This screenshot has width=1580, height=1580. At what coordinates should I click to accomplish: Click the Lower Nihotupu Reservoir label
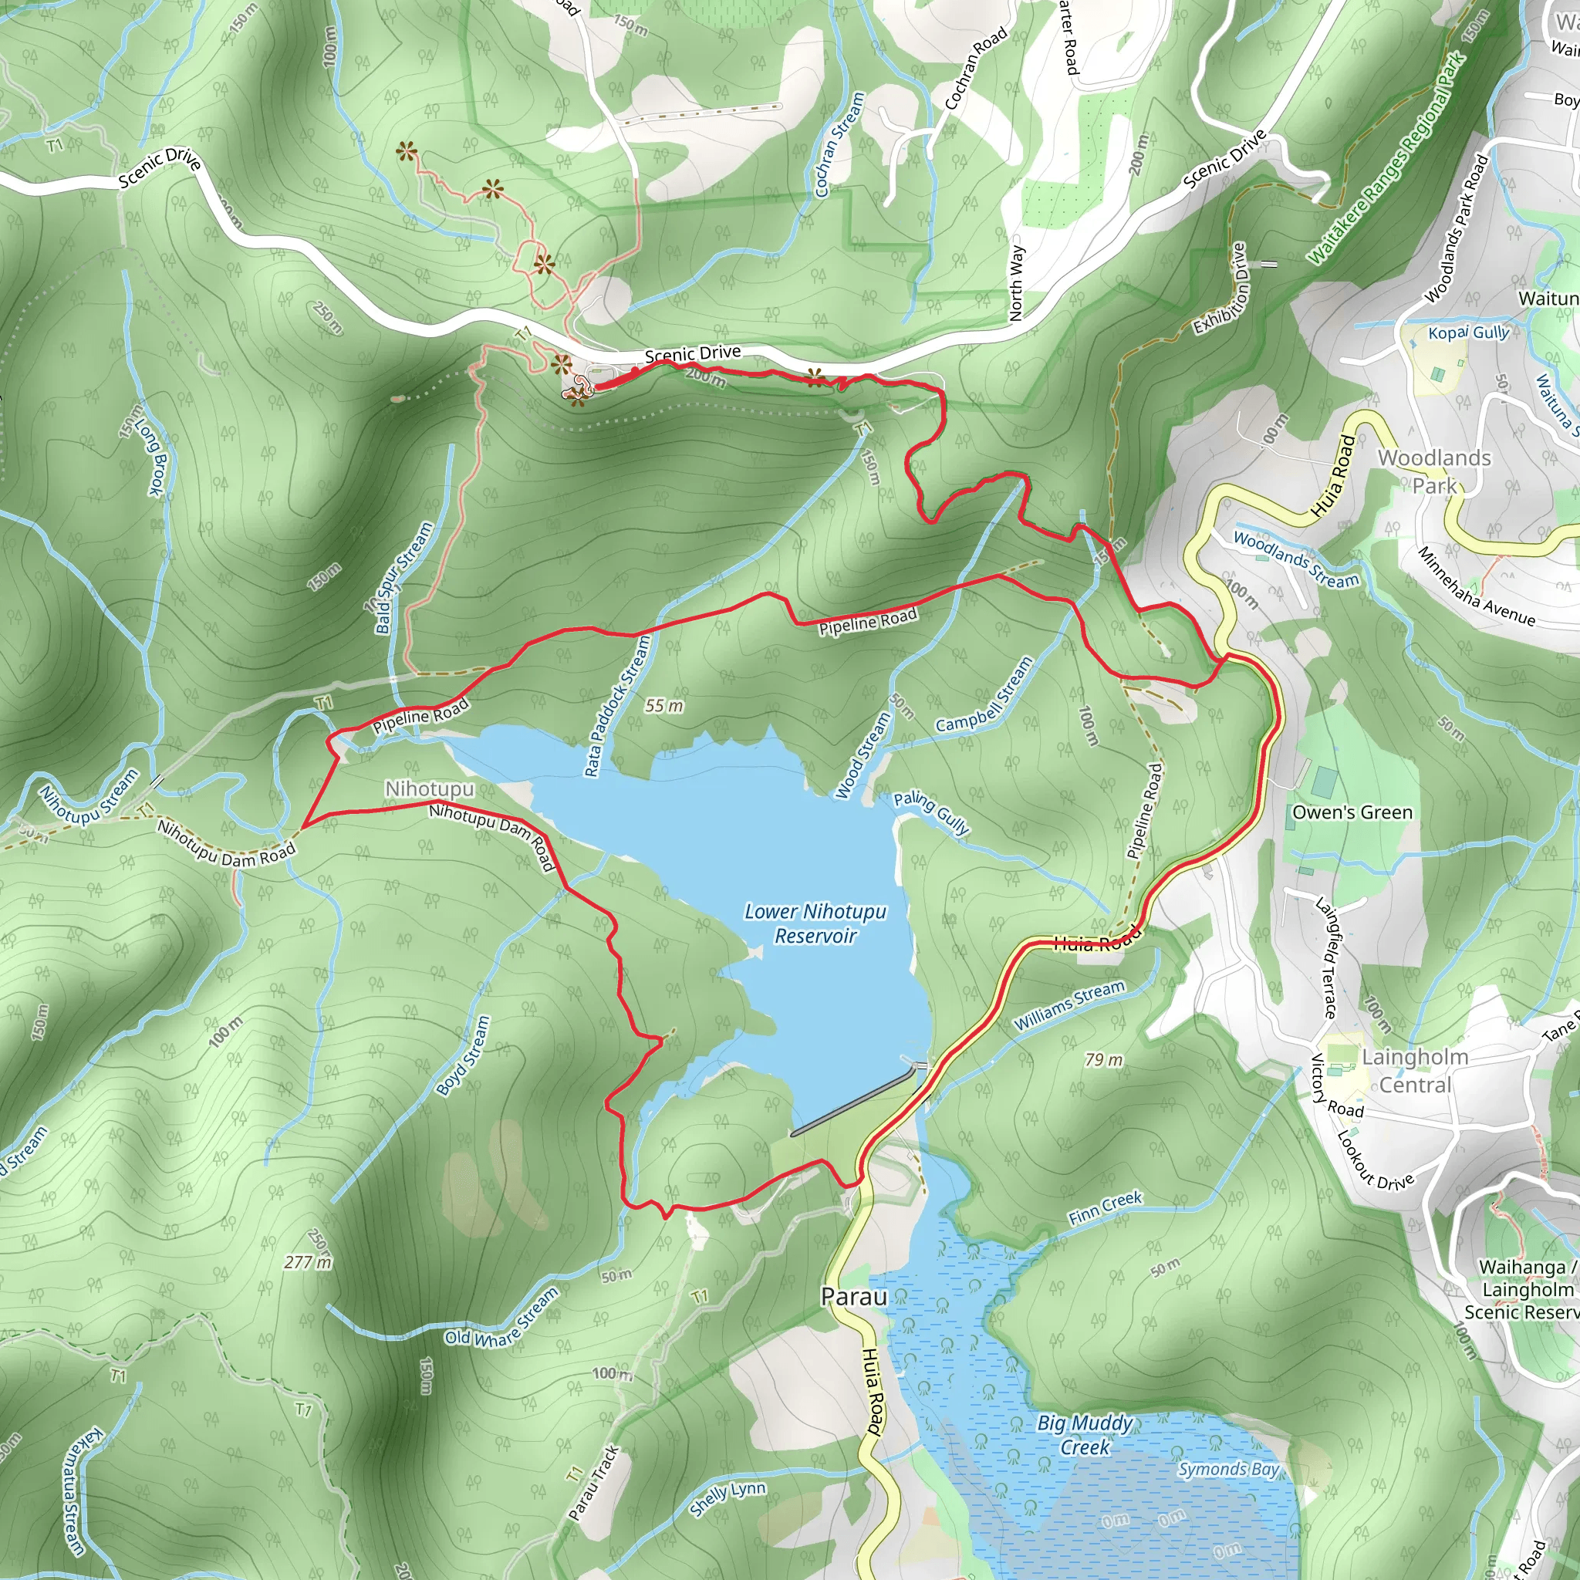pyautogui.click(x=815, y=923)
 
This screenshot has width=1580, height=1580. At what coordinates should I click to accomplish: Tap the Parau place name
pyautogui.click(x=853, y=1296)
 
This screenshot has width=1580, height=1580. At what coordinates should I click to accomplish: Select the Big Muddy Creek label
pyautogui.click(x=1085, y=1435)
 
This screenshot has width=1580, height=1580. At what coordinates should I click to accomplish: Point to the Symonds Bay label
pyautogui.click(x=1227, y=1469)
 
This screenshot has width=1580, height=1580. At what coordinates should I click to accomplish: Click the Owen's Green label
pyautogui.click(x=1352, y=812)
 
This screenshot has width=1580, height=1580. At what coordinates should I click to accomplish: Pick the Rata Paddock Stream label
pyautogui.click(x=617, y=706)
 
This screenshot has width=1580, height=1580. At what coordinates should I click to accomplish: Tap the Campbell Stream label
pyautogui.click(x=984, y=695)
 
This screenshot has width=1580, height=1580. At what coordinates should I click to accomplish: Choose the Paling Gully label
pyautogui.click(x=930, y=812)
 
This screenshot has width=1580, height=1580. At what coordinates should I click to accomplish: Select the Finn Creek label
pyautogui.click(x=1105, y=1207)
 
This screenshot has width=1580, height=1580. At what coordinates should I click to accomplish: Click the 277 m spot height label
pyautogui.click(x=308, y=1262)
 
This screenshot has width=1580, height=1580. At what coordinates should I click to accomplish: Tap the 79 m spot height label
pyautogui.click(x=1103, y=1060)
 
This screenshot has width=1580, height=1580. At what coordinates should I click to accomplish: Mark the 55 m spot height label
pyautogui.click(x=663, y=705)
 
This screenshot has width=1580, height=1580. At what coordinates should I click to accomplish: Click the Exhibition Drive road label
pyautogui.click(x=1220, y=289)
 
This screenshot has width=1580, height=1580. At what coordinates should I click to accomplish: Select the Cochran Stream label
pyautogui.click(x=840, y=144)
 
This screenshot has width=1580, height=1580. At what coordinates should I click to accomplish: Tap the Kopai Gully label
pyautogui.click(x=1468, y=333)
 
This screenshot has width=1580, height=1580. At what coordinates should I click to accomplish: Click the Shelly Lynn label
pyautogui.click(x=727, y=1497)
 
